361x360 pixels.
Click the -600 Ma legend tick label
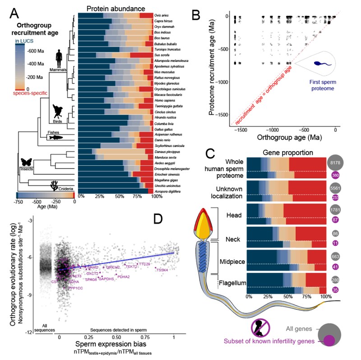(x=37, y=51)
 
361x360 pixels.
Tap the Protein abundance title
(x=116, y=9)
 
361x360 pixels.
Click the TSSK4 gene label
(x=162, y=270)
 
